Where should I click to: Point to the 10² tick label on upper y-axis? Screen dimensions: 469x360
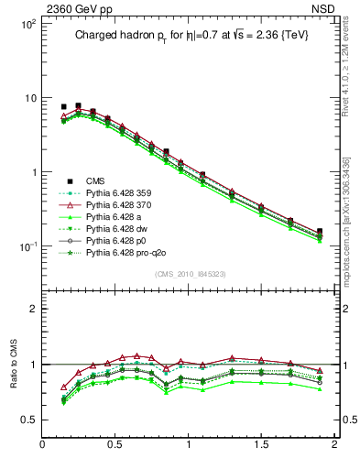tap(27, 24)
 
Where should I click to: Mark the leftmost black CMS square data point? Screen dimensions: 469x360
tap(63, 107)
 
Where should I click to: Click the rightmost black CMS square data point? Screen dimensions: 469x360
tap(320, 232)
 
